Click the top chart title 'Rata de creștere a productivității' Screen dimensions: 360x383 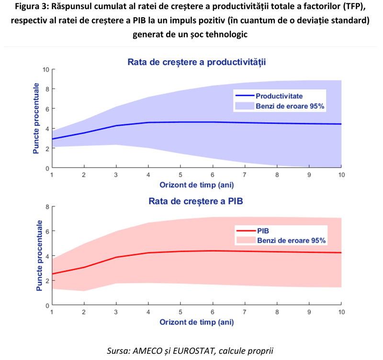point(196,62)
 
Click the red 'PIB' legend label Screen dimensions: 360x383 point(263,230)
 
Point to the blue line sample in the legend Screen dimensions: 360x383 point(245,96)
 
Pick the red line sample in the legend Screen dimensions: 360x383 point(245,230)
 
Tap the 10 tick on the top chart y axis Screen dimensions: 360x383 point(46,69)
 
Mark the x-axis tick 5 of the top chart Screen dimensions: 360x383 point(180,175)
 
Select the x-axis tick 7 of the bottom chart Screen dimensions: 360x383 point(245,312)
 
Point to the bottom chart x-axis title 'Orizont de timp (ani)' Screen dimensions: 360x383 point(196,322)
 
